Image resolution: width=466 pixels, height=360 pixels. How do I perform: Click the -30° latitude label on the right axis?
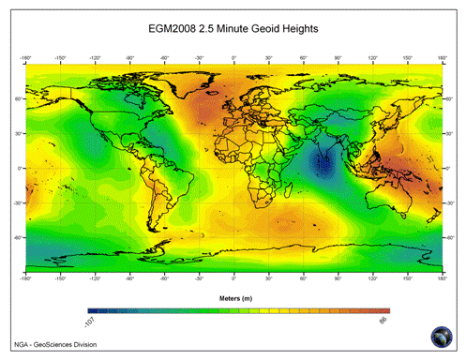451,202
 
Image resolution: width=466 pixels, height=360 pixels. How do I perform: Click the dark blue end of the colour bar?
91,310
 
